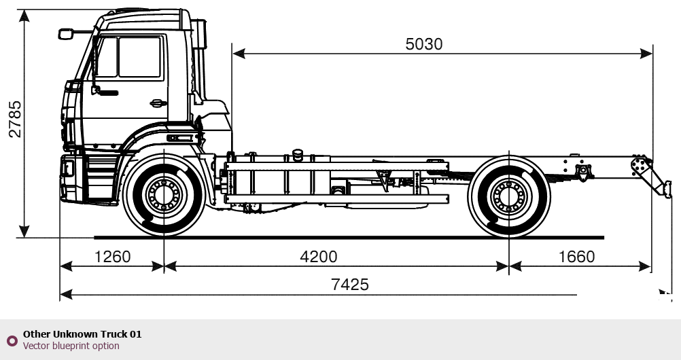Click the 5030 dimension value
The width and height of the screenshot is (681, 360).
(423, 44)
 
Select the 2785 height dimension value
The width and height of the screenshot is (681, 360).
(15, 120)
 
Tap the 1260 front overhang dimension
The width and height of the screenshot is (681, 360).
(112, 257)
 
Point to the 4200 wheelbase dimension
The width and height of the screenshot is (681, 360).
(318, 257)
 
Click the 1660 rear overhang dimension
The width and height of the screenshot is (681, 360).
(576, 257)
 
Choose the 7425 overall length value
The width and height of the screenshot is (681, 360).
(350, 285)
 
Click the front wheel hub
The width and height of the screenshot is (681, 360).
(164, 196)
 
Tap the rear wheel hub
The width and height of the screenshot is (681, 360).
(509, 196)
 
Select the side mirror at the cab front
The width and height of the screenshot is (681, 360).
(66, 33)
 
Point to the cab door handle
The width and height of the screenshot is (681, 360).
(158, 103)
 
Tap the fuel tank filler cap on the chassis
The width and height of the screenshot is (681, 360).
(297, 152)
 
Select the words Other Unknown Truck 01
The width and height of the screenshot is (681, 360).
(82, 334)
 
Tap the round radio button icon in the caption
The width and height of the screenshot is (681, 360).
(12, 340)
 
